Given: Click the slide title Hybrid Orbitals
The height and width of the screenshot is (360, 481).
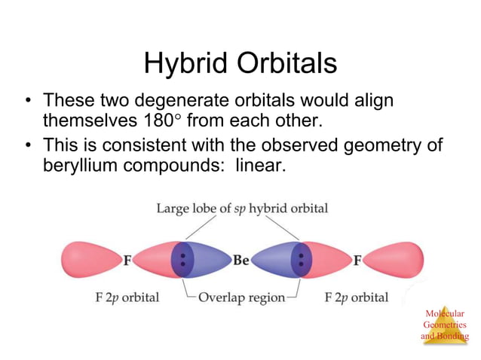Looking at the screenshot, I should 240,63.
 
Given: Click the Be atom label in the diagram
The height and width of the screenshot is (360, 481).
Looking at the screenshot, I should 241,261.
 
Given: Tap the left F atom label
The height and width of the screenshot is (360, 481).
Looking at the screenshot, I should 128,261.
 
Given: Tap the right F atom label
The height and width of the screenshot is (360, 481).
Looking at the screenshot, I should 357,261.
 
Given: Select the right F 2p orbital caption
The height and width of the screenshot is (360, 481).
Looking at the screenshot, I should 357,297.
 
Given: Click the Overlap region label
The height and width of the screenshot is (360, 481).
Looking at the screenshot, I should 241,297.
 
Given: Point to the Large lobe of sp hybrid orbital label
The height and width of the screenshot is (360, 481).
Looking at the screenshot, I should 241,208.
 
